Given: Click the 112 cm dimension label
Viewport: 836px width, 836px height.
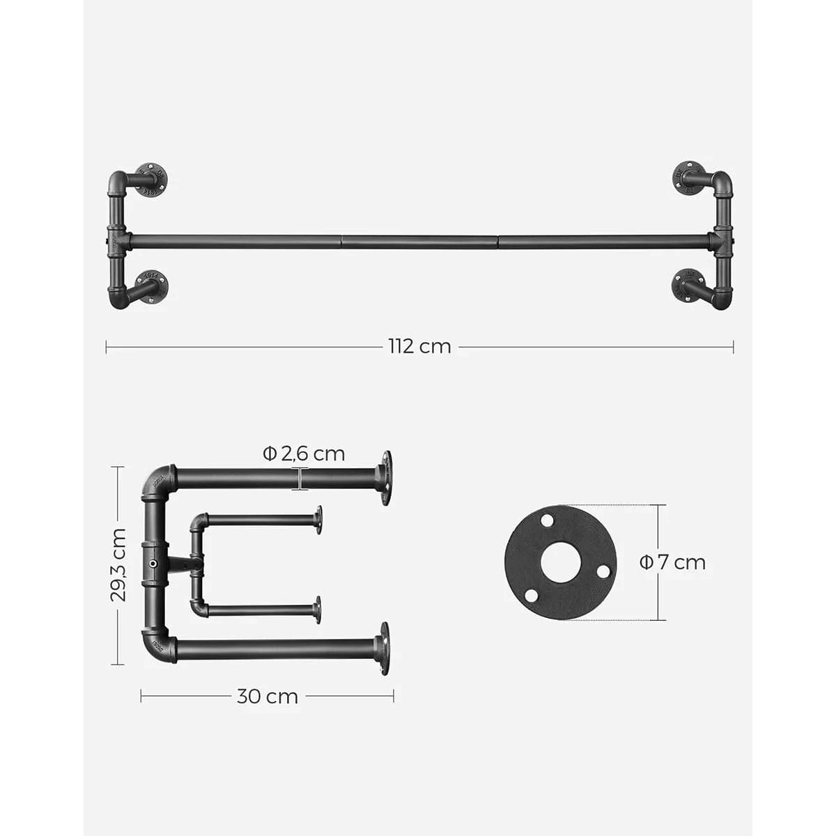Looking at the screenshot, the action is pyautogui.click(x=419, y=347).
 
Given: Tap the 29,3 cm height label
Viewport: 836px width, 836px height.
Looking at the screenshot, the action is pyautogui.click(x=118, y=565).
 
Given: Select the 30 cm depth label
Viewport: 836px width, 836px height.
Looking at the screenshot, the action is pyautogui.click(x=268, y=697).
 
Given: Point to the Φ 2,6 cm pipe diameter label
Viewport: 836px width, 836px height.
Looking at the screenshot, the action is pyautogui.click(x=304, y=454).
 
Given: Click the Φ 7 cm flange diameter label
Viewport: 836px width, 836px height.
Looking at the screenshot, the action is pyautogui.click(x=672, y=563).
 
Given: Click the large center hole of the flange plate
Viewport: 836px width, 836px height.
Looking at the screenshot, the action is pyautogui.click(x=560, y=563).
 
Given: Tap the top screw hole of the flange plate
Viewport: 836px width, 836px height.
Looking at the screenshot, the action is pyautogui.click(x=548, y=519).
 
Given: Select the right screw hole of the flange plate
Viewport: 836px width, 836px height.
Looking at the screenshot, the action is pyautogui.click(x=603, y=572).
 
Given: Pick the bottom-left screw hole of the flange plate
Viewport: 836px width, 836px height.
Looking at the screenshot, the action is pyautogui.click(x=531, y=596).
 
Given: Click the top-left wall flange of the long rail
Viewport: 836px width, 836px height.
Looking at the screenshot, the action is pyautogui.click(x=150, y=180).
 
